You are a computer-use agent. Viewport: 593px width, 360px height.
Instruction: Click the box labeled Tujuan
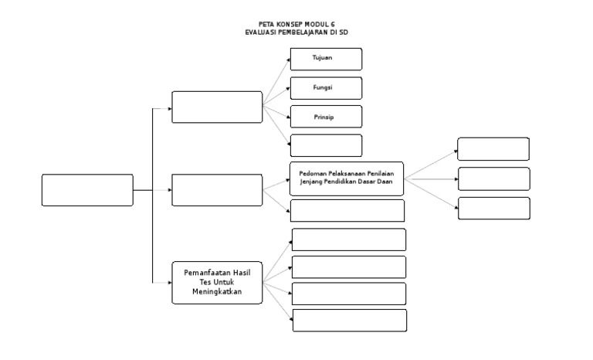click(326, 59)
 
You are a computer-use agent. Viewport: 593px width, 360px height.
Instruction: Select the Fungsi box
click(326, 88)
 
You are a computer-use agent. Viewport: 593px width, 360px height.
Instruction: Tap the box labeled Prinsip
click(326, 117)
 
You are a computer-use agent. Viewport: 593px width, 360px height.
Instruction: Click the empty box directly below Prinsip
click(326, 145)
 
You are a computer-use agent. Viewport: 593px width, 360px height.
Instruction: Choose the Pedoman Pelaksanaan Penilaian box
click(347, 178)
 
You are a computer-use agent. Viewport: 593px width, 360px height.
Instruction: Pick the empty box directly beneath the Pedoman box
click(347, 210)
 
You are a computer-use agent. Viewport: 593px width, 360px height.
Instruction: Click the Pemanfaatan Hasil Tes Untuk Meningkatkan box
click(217, 284)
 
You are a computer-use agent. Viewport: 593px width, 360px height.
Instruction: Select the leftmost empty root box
click(87, 190)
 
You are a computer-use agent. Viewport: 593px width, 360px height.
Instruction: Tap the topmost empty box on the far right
click(493, 149)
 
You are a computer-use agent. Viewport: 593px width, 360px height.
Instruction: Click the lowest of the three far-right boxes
click(493, 208)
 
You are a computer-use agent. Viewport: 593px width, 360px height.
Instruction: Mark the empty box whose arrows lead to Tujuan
click(217, 107)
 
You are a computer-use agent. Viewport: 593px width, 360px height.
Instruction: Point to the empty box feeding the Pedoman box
click(217, 190)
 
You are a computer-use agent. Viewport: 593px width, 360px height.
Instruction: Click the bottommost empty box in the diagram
click(348, 320)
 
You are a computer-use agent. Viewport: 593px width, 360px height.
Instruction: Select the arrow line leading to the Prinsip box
click(276, 113)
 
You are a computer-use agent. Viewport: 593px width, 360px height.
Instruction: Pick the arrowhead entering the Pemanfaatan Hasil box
click(169, 284)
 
